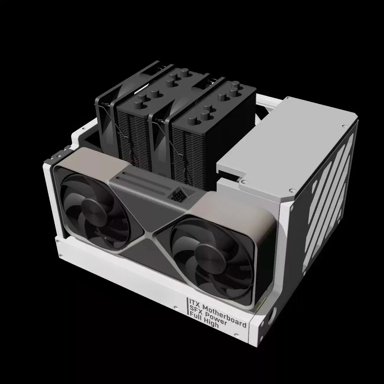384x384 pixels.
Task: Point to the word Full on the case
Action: [x=195, y=317]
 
